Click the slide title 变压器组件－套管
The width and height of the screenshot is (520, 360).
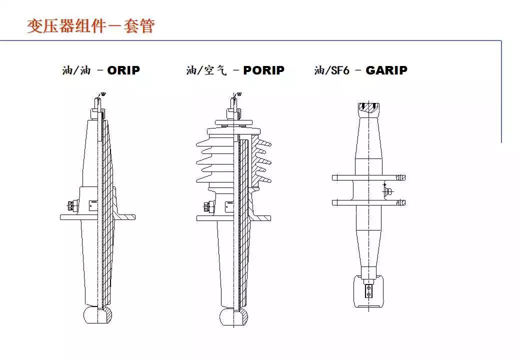tap(90, 25)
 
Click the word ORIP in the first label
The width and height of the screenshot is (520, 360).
tap(123, 70)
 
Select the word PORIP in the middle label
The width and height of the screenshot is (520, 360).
tap(263, 70)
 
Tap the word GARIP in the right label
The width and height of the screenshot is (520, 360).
tap(386, 70)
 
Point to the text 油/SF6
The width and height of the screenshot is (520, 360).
tap(331, 70)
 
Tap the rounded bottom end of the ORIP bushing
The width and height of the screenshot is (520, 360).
tap(97, 315)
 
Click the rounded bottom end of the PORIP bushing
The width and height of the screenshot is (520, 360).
tap(234, 316)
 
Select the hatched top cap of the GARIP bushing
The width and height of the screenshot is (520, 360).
tap(369, 107)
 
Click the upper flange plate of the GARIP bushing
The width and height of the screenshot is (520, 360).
tap(369, 177)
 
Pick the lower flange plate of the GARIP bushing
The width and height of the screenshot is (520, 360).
tap(369, 202)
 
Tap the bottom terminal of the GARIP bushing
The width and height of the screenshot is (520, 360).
tap(368, 290)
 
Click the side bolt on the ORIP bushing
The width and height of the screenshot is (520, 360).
tap(69, 205)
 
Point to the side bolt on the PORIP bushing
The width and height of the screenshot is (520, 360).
tap(206, 205)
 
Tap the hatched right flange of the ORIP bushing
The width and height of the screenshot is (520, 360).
tap(125, 217)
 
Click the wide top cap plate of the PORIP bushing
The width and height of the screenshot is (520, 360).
tap(234, 122)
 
